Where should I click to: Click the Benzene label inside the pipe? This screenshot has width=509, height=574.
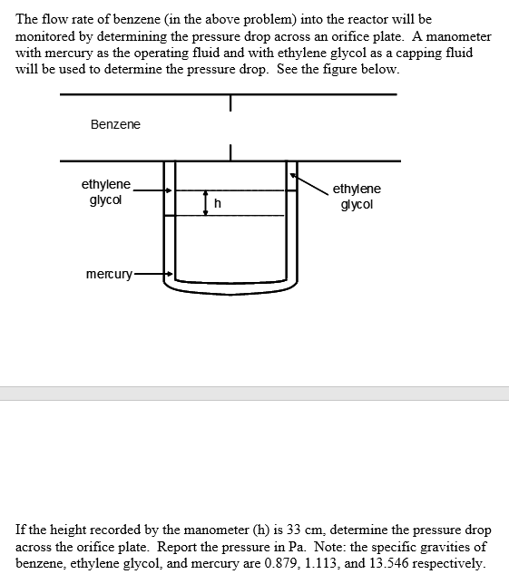click(115, 124)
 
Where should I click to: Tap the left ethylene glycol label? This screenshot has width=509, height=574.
click(106, 192)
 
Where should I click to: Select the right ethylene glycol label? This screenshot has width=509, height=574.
click(357, 197)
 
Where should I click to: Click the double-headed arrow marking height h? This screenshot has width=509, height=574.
click(206, 203)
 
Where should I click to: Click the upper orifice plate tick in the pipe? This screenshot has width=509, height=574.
click(231, 104)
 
